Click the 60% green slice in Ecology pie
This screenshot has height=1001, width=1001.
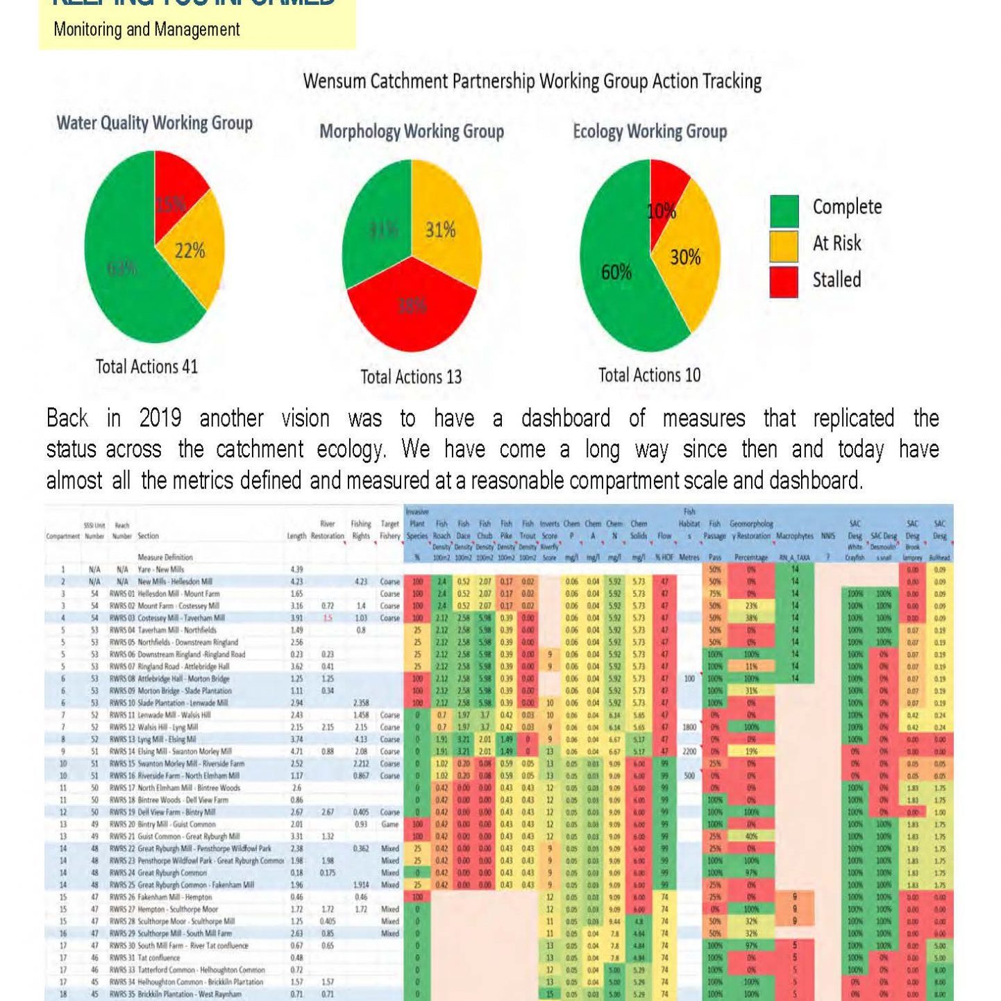[x=614, y=278]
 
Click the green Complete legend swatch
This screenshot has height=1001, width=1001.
[x=784, y=210]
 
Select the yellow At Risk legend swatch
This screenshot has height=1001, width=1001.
[x=784, y=245]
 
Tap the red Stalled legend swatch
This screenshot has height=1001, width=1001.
[x=784, y=281]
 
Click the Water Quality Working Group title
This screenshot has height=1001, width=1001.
[x=155, y=124]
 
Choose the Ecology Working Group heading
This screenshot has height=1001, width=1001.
[x=650, y=131]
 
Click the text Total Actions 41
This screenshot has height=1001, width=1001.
[x=146, y=367]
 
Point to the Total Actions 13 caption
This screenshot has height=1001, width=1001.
[x=411, y=377]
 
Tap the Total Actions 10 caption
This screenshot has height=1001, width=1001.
[x=650, y=376]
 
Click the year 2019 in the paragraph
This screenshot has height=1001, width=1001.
[x=160, y=419]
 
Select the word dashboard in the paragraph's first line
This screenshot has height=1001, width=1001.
[x=566, y=419]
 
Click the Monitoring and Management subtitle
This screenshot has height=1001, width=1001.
[x=146, y=30]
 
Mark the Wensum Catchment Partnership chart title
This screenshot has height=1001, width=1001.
[x=532, y=82]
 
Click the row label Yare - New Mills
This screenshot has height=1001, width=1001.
[x=161, y=569]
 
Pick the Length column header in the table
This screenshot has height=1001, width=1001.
[x=296, y=536]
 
